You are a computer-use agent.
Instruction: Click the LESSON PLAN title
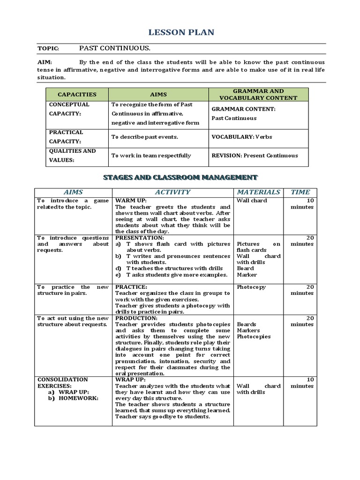181,32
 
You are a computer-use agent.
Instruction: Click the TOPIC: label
48,49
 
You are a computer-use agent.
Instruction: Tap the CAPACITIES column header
77,94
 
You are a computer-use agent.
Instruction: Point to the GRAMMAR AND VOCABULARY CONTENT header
258,94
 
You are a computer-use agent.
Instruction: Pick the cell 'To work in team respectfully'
151,156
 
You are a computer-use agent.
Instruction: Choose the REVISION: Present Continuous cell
255,156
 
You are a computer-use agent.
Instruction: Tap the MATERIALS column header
258,192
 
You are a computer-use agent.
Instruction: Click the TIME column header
300,192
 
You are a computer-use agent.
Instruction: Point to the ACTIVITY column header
172,192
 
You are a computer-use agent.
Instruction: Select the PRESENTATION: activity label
139,238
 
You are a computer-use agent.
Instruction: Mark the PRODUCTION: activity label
137,318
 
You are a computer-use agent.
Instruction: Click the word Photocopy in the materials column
251,287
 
